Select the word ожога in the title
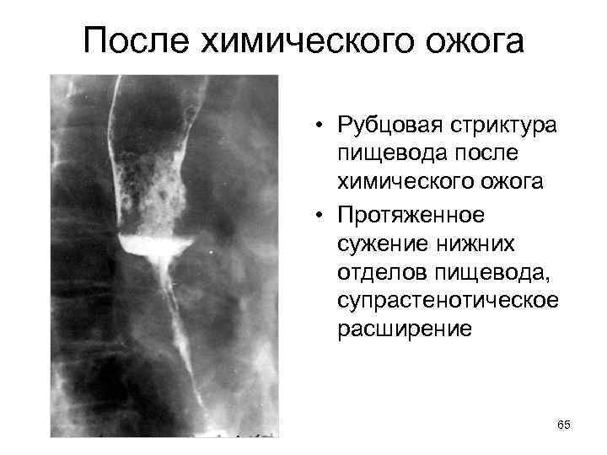(x=469, y=40)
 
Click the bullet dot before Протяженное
(x=323, y=215)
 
